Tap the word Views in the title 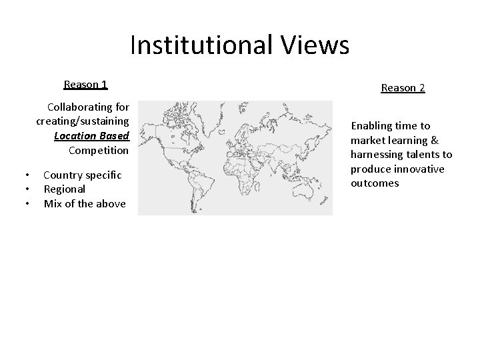pyautogui.click(x=316, y=45)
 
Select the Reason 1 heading pyautogui.click(x=86, y=85)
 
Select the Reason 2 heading pyautogui.click(x=403, y=88)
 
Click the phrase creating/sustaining pyautogui.click(x=83, y=121)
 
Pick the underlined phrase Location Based pyautogui.click(x=91, y=135)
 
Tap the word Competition pyautogui.click(x=99, y=150)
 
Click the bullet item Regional pyautogui.click(x=65, y=189)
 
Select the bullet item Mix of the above pyautogui.click(x=85, y=204)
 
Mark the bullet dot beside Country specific pyautogui.click(x=26, y=175)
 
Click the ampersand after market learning pyautogui.click(x=435, y=140)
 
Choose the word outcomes pyautogui.click(x=375, y=183)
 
